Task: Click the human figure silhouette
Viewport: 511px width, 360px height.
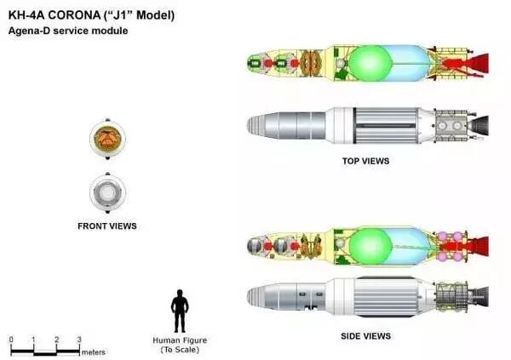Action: click(180, 311)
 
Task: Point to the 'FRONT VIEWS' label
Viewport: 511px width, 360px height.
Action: click(107, 226)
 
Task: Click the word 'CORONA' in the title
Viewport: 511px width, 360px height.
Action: click(83, 14)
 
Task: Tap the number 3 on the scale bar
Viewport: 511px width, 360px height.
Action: click(79, 340)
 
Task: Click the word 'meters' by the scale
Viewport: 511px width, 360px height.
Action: click(94, 351)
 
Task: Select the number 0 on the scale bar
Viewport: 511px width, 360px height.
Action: click(11, 340)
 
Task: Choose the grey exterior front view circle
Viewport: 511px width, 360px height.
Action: click(107, 193)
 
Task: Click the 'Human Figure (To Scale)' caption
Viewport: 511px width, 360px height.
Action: click(180, 345)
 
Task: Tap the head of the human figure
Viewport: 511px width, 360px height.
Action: click(180, 294)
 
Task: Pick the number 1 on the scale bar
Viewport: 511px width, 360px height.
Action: click(33, 340)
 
